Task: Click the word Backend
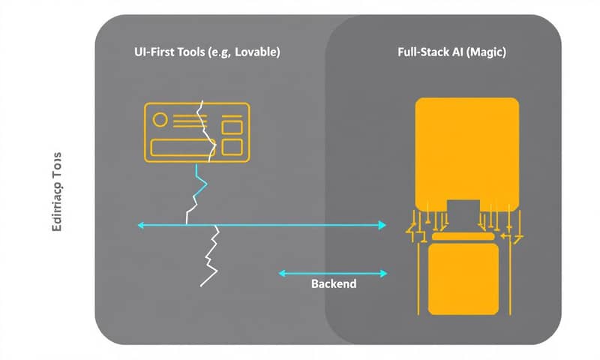[334, 286]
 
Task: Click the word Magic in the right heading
[488, 53]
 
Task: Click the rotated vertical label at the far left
[58, 195]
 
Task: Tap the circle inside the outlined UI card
[159, 119]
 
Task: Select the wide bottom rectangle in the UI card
[177, 147]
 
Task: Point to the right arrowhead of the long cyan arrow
[382, 224]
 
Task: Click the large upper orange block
[466, 150]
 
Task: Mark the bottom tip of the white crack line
[202, 286]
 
